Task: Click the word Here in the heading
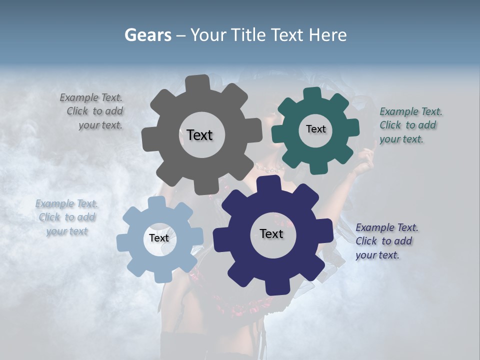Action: pyautogui.click(x=327, y=35)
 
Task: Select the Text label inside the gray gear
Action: pyautogui.click(x=199, y=135)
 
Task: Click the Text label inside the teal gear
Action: pyautogui.click(x=315, y=129)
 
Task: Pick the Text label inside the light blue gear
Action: pyautogui.click(x=159, y=238)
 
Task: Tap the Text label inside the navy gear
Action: pyautogui.click(x=271, y=233)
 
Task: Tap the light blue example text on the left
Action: pyautogui.click(x=66, y=217)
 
